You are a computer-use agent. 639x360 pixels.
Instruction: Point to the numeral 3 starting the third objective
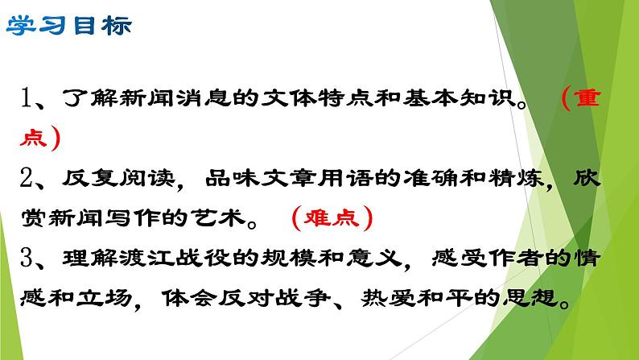coord(29,259)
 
